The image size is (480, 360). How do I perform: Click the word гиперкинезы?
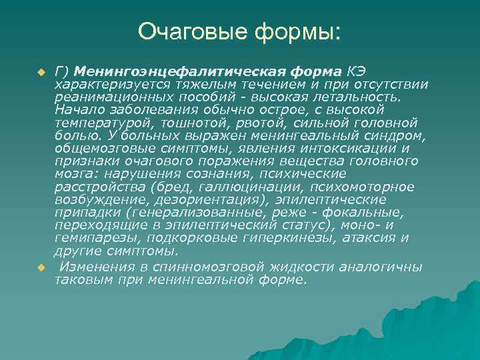point(292,238)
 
